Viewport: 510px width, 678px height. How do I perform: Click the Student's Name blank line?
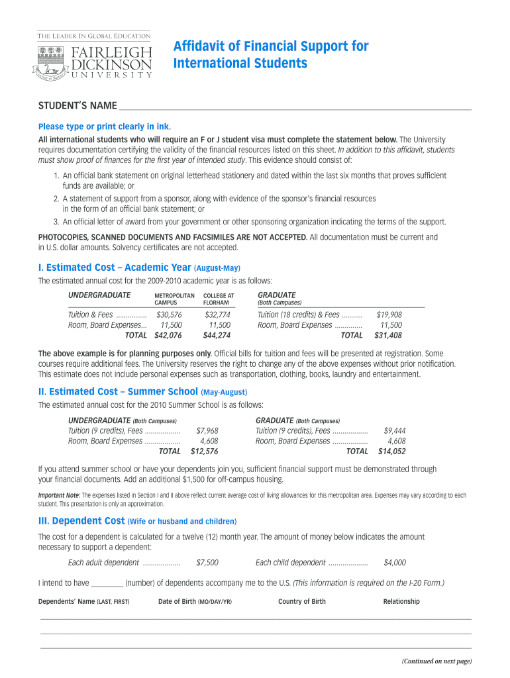[294, 107]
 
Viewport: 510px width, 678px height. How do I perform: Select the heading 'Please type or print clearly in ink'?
[105, 126]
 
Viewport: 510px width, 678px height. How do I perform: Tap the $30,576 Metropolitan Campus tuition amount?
[169, 315]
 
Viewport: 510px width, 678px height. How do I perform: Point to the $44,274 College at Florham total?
[217, 336]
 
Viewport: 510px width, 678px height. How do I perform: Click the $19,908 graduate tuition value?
[389, 315]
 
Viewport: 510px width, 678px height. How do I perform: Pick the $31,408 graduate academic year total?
[388, 336]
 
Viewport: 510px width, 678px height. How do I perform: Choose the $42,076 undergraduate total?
[168, 336]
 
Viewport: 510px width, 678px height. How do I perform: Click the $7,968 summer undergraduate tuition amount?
[207, 431]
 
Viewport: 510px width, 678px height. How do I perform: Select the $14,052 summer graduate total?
[391, 452]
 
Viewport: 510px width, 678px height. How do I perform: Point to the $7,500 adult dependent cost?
[207, 563]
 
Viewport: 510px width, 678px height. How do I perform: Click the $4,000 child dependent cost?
[395, 563]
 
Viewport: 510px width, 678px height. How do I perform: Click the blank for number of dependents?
[107, 583]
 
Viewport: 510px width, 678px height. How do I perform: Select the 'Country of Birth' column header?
[302, 602]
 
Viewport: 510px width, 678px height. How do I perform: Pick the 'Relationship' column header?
[401, 602]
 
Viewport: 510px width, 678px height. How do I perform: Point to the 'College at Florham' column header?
[219, 299]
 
